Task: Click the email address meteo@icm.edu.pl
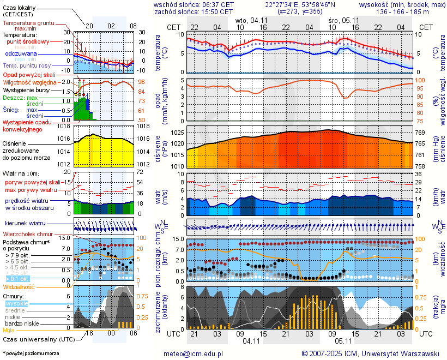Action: point(194,353)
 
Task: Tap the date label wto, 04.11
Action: point(251,20)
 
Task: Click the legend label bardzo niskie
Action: point(22,323)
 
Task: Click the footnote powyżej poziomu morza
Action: point(31,353)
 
